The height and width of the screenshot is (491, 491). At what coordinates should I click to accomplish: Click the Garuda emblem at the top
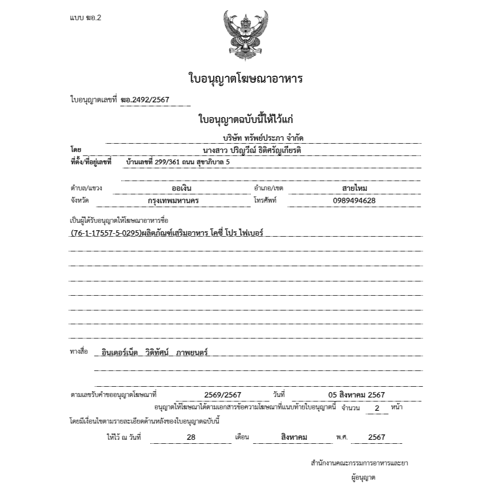(245, 34)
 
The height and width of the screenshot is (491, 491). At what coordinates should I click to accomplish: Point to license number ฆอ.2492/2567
(145, 100)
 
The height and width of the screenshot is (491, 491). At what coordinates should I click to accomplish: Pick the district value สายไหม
(354, 188)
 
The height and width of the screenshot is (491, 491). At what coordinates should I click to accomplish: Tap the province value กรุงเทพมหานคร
(173, 201)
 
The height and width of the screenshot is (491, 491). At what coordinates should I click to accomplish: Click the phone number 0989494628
(354, 201)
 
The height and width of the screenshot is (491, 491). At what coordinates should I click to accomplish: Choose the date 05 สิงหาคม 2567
(356, 395)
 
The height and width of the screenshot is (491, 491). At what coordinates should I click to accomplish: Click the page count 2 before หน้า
(377, 408)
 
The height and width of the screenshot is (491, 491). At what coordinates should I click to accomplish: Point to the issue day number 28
(191, 437)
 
